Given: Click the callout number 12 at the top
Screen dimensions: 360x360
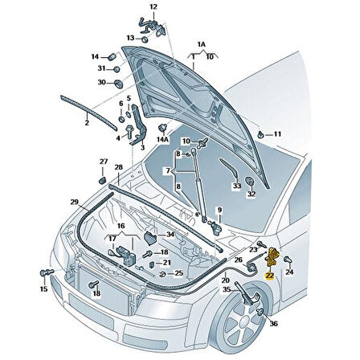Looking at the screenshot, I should (x=153, y=7).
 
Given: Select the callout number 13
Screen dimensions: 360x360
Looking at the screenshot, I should (x=130, y=38).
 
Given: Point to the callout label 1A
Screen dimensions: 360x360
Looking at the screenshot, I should (x=201, y=47).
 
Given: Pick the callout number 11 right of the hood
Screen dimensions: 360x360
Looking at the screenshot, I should (x=277, y=133).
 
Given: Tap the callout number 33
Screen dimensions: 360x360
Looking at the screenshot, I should (x=236, y=186).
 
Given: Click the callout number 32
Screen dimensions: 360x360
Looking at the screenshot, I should (x=251, y=194).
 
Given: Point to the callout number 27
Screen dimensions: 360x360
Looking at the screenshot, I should (x=103, y=162).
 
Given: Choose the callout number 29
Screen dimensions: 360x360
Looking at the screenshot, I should (x=74, y=201).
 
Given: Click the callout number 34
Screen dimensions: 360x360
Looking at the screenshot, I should (x=170, y=235).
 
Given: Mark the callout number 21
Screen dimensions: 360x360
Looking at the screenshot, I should (x=166, y=263).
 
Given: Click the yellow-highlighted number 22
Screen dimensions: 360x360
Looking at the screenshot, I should (x=268, y=275).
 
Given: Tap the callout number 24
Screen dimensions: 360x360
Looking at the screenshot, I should (x=291, y=272).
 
